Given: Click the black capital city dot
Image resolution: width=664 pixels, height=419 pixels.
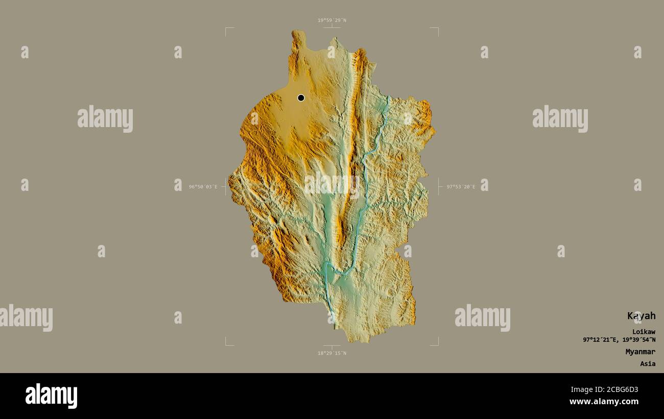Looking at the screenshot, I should pyautogui.click(x=301, y=97).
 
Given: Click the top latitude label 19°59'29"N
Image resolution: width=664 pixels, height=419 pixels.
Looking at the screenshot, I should pyautogui.click(x=331, y=20).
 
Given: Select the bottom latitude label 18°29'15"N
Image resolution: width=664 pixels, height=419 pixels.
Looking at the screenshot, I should pyautogui.click(x=331, y=353).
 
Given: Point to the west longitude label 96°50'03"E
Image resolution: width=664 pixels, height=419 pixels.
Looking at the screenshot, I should pyautogui.click(x=203, y=187).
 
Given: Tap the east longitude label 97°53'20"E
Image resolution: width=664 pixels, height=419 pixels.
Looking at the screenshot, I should pyautogui.click(x=461, y=187).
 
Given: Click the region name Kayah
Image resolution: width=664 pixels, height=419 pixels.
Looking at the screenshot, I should pyautogui.click(x=642, y=316).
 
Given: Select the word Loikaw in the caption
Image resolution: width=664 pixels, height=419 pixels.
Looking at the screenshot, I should pyautogui.click(x=644, y=332).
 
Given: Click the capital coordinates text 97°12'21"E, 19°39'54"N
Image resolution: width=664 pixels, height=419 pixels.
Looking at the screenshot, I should pyautogui.click(x=619, y=339).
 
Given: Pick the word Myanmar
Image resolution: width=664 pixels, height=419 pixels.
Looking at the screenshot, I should pyautogui.click(x=641, y=352).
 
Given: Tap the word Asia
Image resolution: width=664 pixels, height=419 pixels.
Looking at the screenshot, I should pyautogui.click(x=648, y=364).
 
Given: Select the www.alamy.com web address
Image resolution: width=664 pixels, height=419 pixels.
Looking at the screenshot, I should pyautogui.click(x=604, y=402).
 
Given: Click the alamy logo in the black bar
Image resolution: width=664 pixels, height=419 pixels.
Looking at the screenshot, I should pyautogui.click(x=51, y=396).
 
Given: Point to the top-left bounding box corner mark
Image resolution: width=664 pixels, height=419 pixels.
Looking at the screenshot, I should pyautogui.click(x=226, y=29).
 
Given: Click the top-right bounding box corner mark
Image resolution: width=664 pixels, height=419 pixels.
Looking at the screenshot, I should pyautogui.click(x=437, y=29).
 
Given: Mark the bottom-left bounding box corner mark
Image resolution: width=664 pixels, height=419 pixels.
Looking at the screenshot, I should pyautogui.click(x=226, y=344).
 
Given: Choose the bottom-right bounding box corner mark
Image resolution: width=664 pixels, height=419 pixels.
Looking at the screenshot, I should pyautogui.click(x=437, y=344).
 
